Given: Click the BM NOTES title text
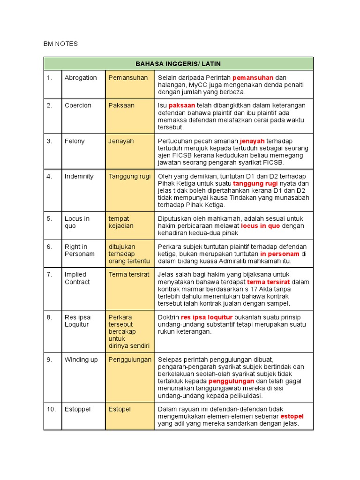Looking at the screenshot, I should point(60,44).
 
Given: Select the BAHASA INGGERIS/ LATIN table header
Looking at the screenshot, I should point(178,64).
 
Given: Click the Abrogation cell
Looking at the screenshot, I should point(81,78).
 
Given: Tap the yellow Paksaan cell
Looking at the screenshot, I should point(121,105).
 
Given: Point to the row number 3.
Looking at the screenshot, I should point(49,141).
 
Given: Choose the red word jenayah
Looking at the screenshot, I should point(252,141).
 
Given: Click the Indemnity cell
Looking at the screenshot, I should point(79,176).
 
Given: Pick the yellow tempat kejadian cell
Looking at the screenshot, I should point(121,222).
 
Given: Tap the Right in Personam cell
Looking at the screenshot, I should point(79,250).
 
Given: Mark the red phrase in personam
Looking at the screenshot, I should point(280,254).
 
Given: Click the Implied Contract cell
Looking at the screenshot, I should point(78,278).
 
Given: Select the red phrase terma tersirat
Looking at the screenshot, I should point(268,282).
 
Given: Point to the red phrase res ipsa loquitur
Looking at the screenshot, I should point(207,317).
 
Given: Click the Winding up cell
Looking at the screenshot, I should point(81,360).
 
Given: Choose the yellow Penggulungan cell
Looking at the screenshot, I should point(130,360).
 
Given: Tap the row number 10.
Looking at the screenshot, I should point(51,409).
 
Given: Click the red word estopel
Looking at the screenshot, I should point(292,416).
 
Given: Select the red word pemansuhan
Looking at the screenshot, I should point(253,78).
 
